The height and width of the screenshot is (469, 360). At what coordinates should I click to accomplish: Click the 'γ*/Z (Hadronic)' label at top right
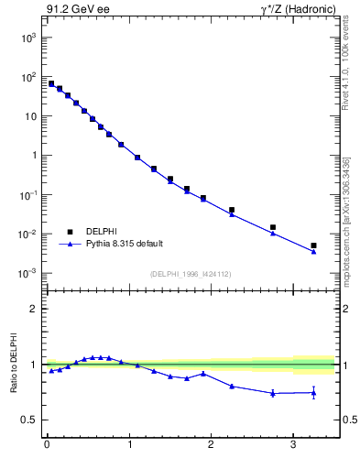tap(296, 10)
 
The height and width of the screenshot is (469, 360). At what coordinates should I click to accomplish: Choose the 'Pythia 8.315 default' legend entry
tap(124, 244)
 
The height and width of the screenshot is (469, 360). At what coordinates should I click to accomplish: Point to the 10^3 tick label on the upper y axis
tap(28, 38)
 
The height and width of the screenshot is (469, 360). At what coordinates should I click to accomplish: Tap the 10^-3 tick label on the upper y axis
tap(28, 273)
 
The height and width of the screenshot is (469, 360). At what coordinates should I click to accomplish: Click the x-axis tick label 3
tap(293, 446)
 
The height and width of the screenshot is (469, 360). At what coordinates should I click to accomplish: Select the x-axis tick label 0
tap(47, 446)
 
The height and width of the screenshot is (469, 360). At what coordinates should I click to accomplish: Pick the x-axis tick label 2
tap(211, 446)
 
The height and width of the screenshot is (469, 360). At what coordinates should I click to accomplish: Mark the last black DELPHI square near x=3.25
tap(313, 245)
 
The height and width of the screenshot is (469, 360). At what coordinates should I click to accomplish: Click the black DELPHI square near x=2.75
tap(273, 227)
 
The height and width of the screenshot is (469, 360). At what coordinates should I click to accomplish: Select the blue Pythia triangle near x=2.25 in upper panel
tap(232, 213)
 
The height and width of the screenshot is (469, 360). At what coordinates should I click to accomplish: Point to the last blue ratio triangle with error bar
tap(313, 393)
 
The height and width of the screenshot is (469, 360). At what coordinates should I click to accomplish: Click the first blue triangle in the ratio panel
tap(51, 370)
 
